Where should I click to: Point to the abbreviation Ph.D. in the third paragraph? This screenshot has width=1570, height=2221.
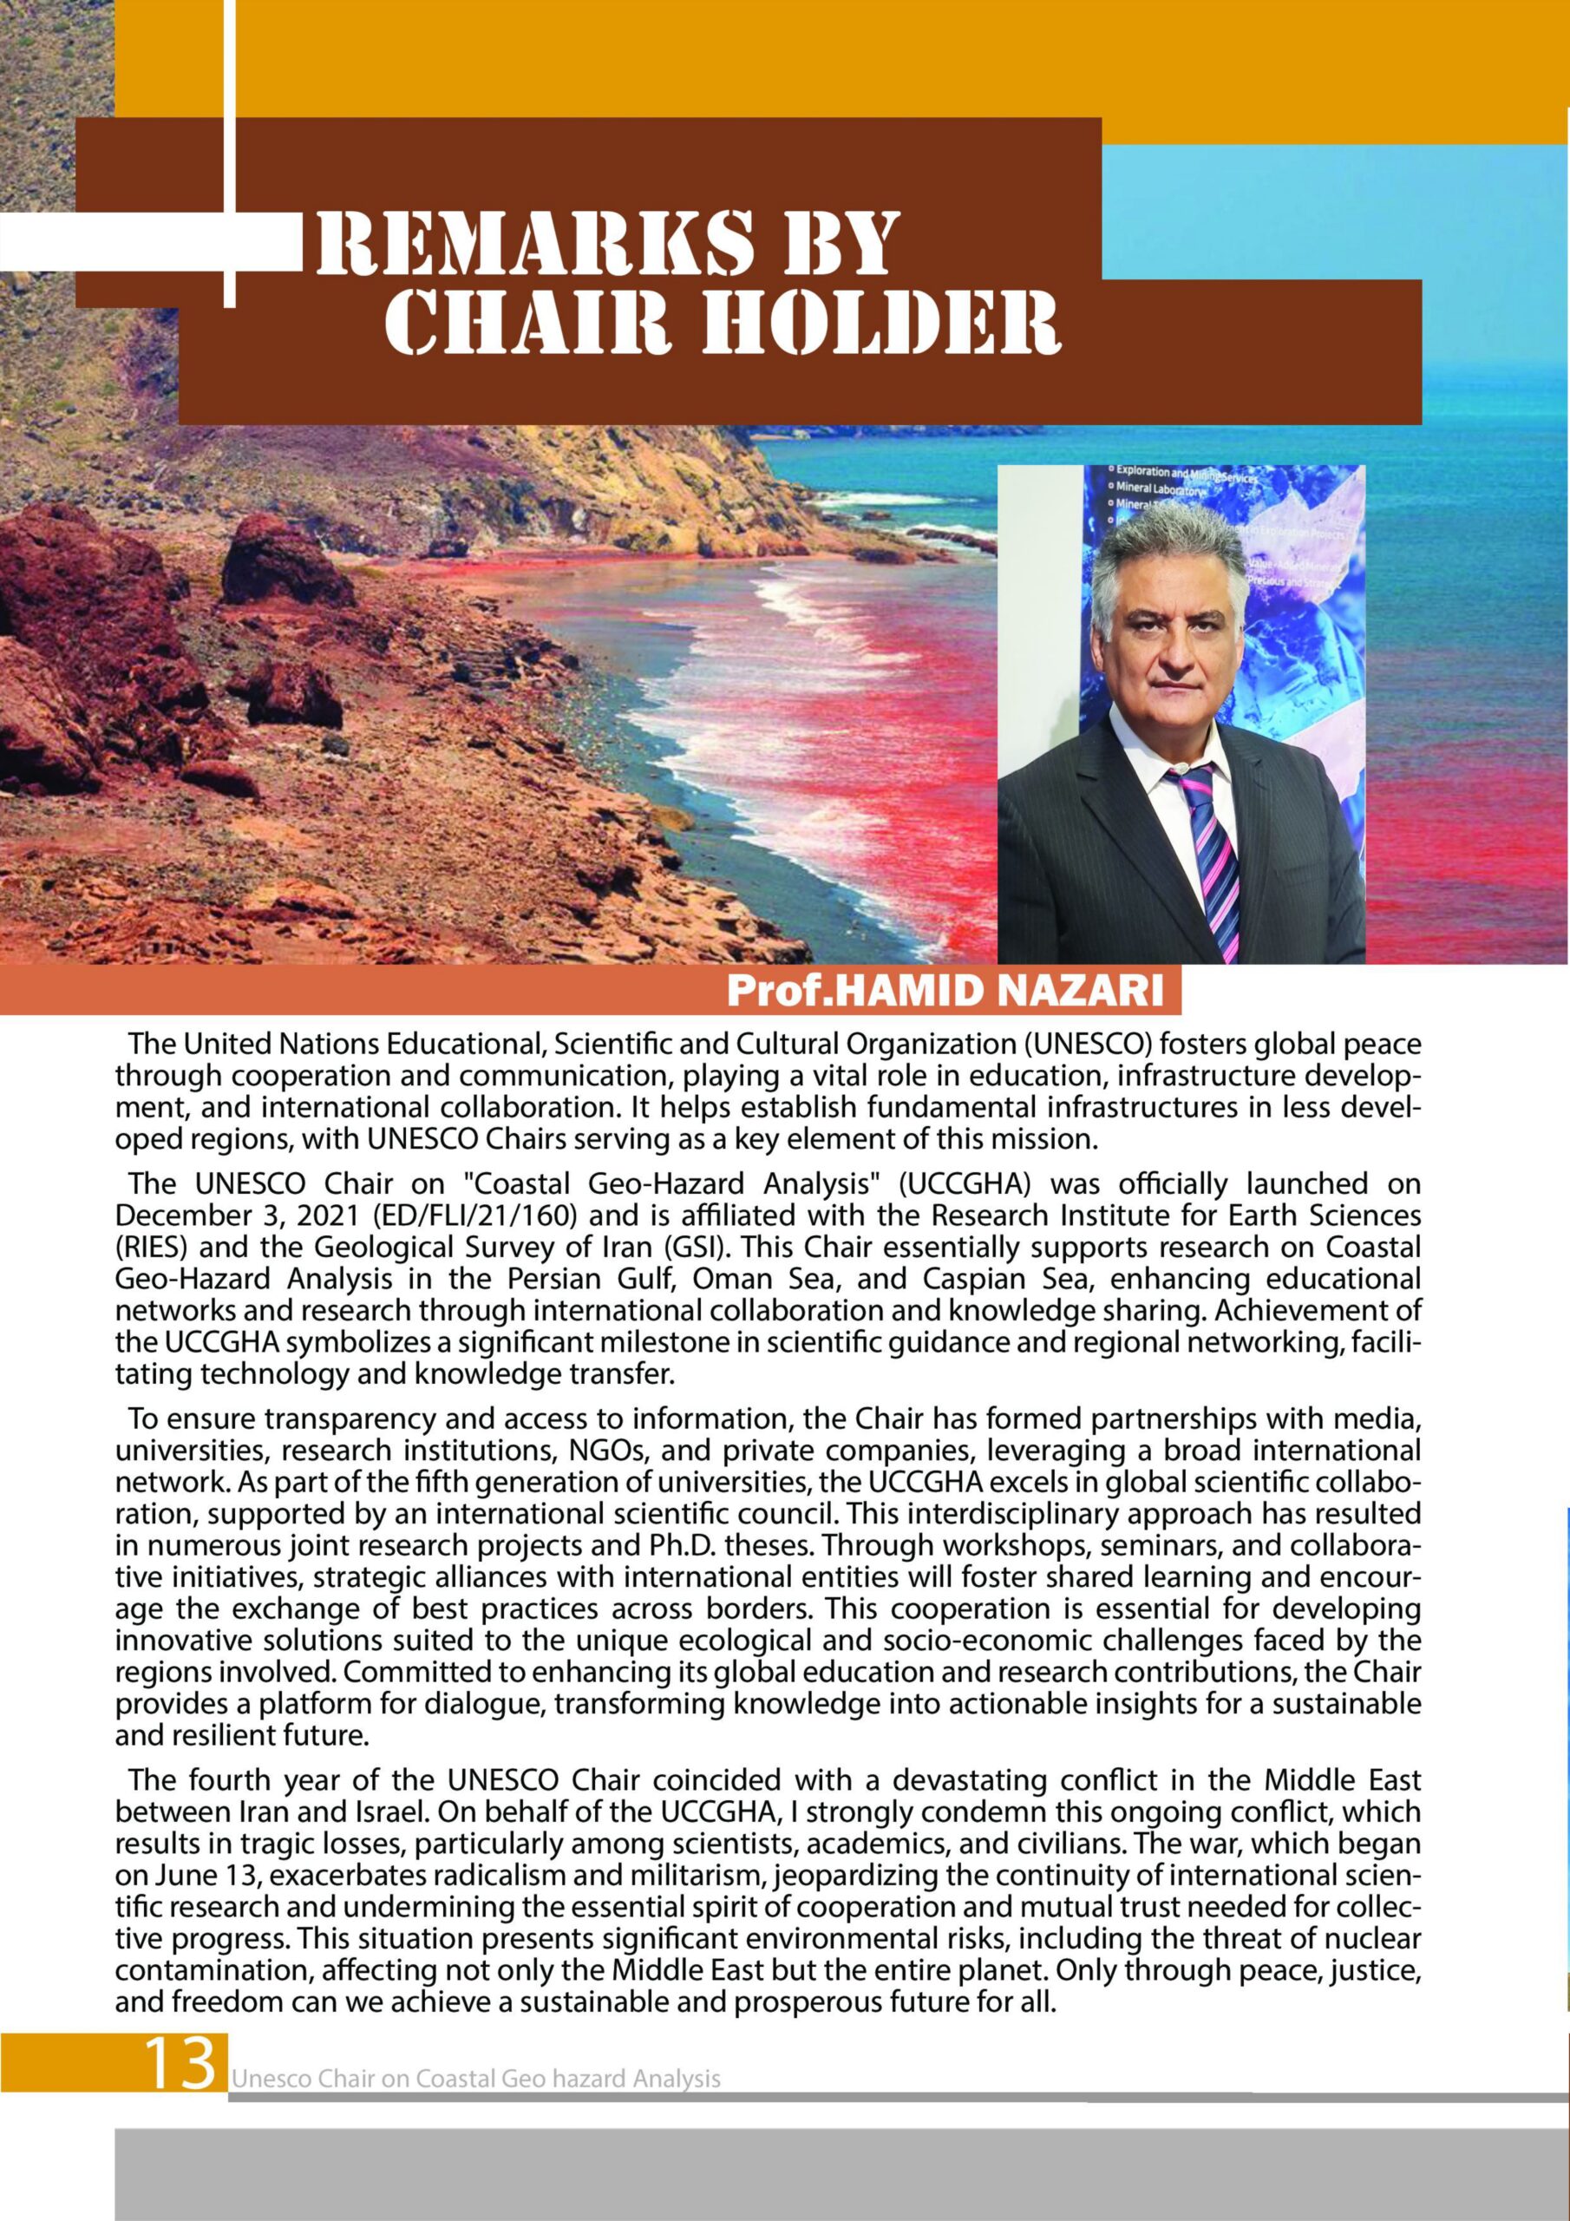(683, 1546)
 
